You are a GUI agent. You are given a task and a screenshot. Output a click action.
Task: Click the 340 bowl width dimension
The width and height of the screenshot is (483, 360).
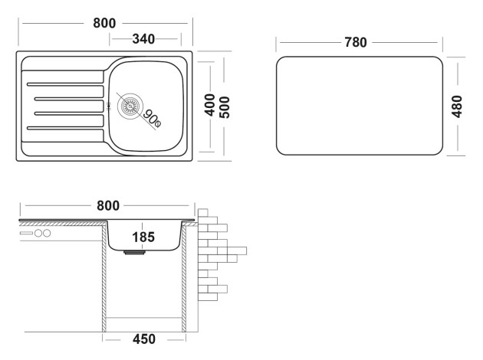pyautogui.click(x=143, y=39)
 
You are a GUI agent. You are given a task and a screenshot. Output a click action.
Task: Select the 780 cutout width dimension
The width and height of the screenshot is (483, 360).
pyautogui.click(x=356, y=42)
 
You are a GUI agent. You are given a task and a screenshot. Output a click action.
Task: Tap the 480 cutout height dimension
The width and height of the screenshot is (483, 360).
pyautogui.click(x=457, y=106)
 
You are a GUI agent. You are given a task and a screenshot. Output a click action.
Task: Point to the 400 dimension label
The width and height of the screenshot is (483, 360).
pyautogui.click(x=210, y=105)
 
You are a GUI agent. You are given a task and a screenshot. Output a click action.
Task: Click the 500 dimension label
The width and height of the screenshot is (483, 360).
pyautogui.click(x=225, y=107)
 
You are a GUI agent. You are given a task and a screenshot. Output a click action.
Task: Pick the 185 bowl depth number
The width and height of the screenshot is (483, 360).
pyautogui.click(x=143, y=237)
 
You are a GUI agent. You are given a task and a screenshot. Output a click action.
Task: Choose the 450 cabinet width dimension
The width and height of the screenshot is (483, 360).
pyautogui.click(x=144, y=339)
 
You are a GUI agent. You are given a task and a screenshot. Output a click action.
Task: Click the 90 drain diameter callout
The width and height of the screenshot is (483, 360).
pyautogui.click(x=152, y=119)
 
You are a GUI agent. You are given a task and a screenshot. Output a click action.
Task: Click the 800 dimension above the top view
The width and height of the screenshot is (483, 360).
pyautogui.click(x=104, y=23)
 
